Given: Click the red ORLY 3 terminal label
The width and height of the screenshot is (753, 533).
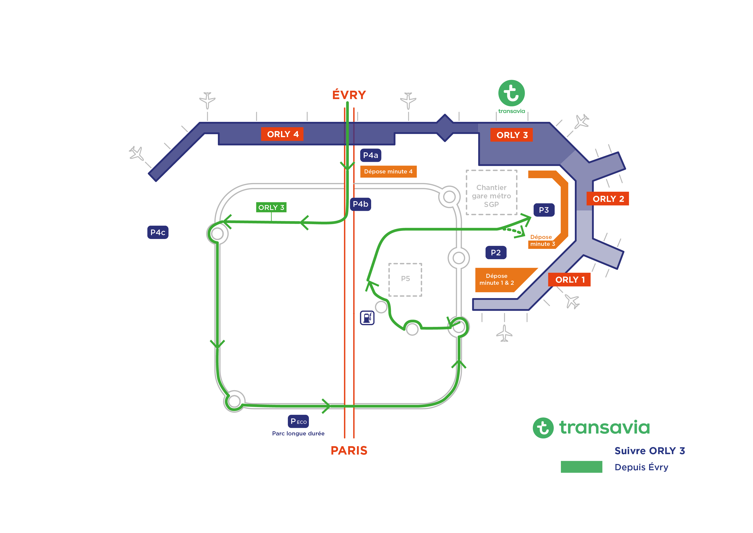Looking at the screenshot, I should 511,135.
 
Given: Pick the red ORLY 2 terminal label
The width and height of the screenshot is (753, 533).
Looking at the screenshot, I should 607,199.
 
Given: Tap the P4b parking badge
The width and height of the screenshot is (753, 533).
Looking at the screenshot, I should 360,204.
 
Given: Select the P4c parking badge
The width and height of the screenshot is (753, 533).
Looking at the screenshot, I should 158,232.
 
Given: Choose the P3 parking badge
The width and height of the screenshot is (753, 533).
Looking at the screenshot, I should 543,210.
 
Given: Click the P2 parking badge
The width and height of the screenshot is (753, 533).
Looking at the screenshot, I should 496,253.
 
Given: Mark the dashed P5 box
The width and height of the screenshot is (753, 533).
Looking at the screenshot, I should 405,279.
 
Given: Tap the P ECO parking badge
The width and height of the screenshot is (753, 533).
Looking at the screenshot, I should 298,421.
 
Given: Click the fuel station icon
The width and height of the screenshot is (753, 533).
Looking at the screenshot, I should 367,318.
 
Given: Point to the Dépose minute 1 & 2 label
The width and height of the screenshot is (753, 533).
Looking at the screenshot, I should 496,279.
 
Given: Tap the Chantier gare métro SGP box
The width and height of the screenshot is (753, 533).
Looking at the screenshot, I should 491,192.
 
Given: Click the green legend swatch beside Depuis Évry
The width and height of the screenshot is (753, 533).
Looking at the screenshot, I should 581,467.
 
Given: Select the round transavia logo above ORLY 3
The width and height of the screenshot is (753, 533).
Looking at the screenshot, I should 511,93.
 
